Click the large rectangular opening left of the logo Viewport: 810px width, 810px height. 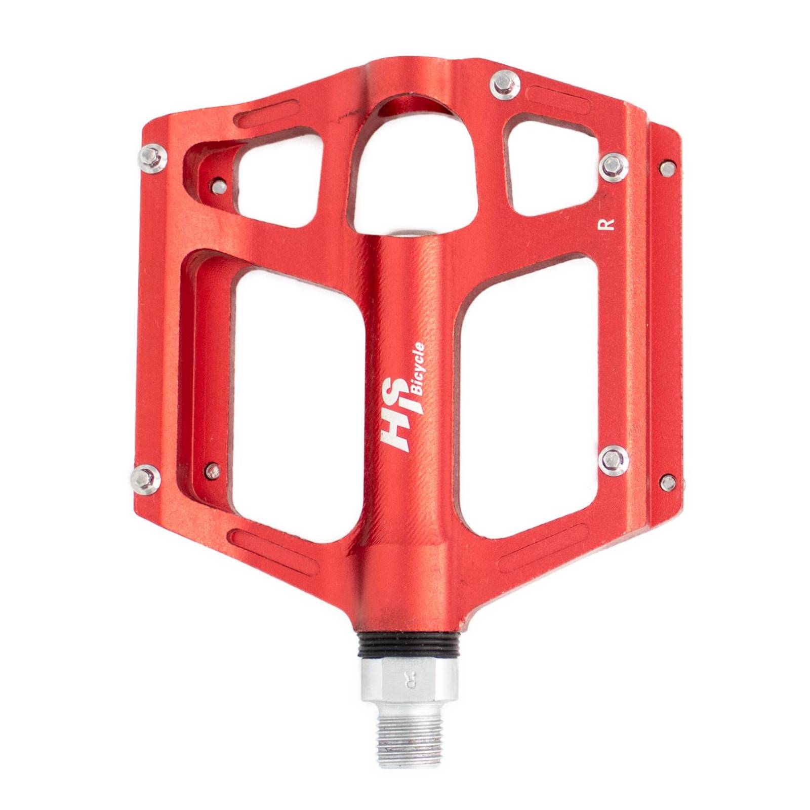point(299,385)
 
